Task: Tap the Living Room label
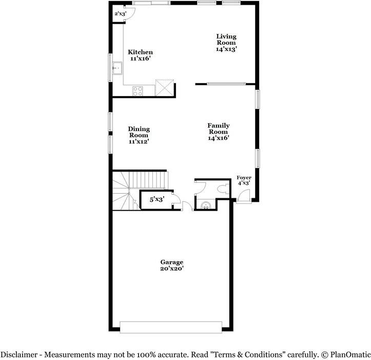click(226, 40)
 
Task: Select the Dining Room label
click(139, 132)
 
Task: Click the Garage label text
click(171, 262)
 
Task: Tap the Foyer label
click(244, 178)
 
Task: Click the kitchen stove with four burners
click(138, 91)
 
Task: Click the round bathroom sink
click(206, 206)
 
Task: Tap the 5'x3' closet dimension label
click(156, 199)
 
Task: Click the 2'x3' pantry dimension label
click(120, 13)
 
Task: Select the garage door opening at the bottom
click(171, 327)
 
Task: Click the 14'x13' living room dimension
click(226, 49)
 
